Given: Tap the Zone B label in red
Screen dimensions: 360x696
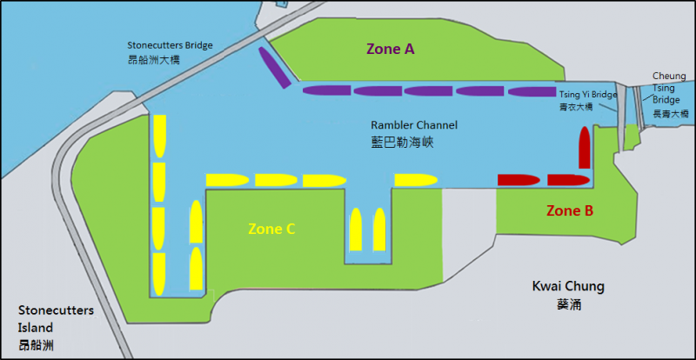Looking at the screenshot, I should (x=570, y=210).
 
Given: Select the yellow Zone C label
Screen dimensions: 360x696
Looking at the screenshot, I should (x=271, y=230).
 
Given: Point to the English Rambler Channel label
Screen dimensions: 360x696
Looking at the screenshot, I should (x=414, y=125).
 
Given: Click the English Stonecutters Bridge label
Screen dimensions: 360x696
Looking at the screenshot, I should (x=170, y=45).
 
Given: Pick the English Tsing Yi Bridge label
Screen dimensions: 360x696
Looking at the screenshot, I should (x=588, y=94).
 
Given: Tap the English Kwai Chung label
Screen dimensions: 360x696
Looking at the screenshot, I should (x=568, y=287).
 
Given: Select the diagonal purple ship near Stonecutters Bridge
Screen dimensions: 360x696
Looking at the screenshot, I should (x=273, y=68).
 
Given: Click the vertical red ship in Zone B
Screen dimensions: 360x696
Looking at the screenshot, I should (x=585, y=146).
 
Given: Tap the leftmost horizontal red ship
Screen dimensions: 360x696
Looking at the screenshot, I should (x=519, y=180).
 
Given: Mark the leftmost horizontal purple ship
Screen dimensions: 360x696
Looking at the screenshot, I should (x=325, y=90).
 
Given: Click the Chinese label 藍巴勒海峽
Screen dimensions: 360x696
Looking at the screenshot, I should (x=402, y=142).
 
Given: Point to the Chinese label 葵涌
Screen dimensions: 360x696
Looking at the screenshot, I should (x=567, y=305).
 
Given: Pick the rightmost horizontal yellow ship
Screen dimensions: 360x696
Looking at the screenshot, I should (x=416, y=180).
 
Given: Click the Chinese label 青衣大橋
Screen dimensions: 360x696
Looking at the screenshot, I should (x=576, y=107).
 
